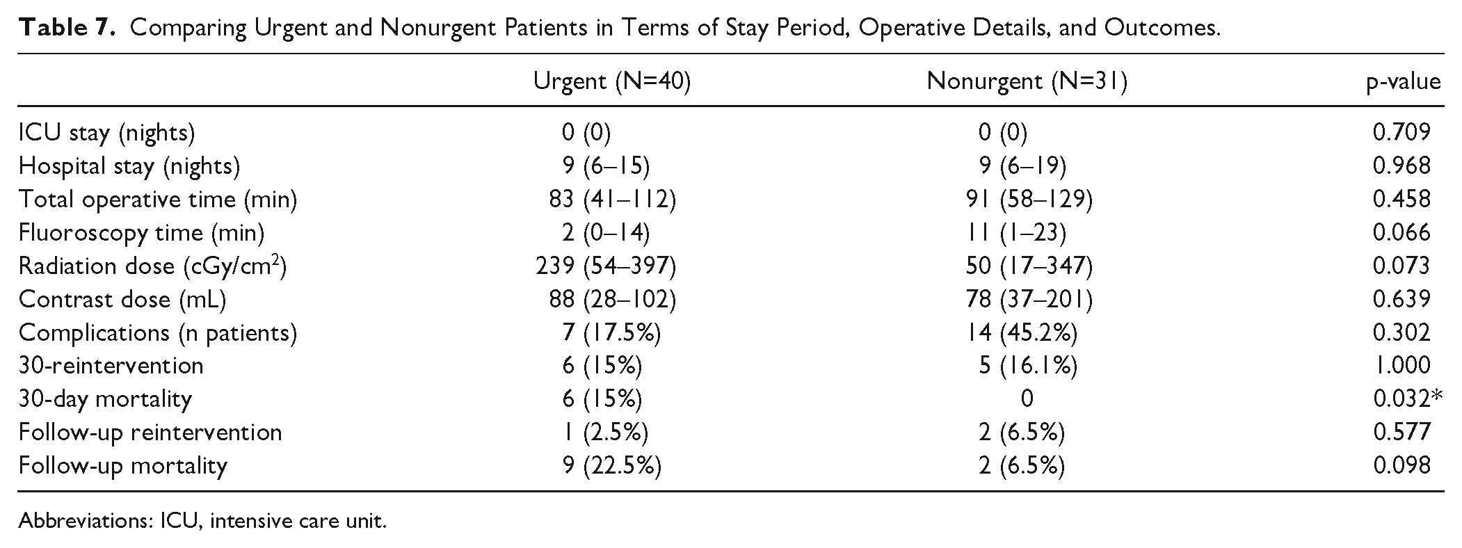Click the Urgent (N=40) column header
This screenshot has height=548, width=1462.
(x=611, y=82)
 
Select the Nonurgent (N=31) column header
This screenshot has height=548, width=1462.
(x=1027, y=82)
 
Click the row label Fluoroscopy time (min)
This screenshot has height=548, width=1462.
(x=141, y=233)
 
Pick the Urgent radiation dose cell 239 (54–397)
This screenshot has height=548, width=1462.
(x=605, y=266)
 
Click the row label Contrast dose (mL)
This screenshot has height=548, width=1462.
(x=122, y=300)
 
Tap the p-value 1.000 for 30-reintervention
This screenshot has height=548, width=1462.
(x=1401, y=366)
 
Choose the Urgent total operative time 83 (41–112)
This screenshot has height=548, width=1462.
(x=611, y=200)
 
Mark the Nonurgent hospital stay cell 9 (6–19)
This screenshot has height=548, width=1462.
(x=1022, y=166)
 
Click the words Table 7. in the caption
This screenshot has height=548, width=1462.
(x=67, y=28)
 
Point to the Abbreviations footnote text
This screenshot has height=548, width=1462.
(x=202, y=521)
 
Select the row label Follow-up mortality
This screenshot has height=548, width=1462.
(x=123, y=465)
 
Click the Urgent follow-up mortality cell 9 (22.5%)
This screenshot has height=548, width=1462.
(x=611, y=466)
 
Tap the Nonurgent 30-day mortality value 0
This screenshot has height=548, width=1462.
(x=1027, y=399)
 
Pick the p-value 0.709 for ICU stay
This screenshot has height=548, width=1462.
(x=1401, y=132)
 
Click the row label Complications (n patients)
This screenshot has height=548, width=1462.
(x=158, y=333)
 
